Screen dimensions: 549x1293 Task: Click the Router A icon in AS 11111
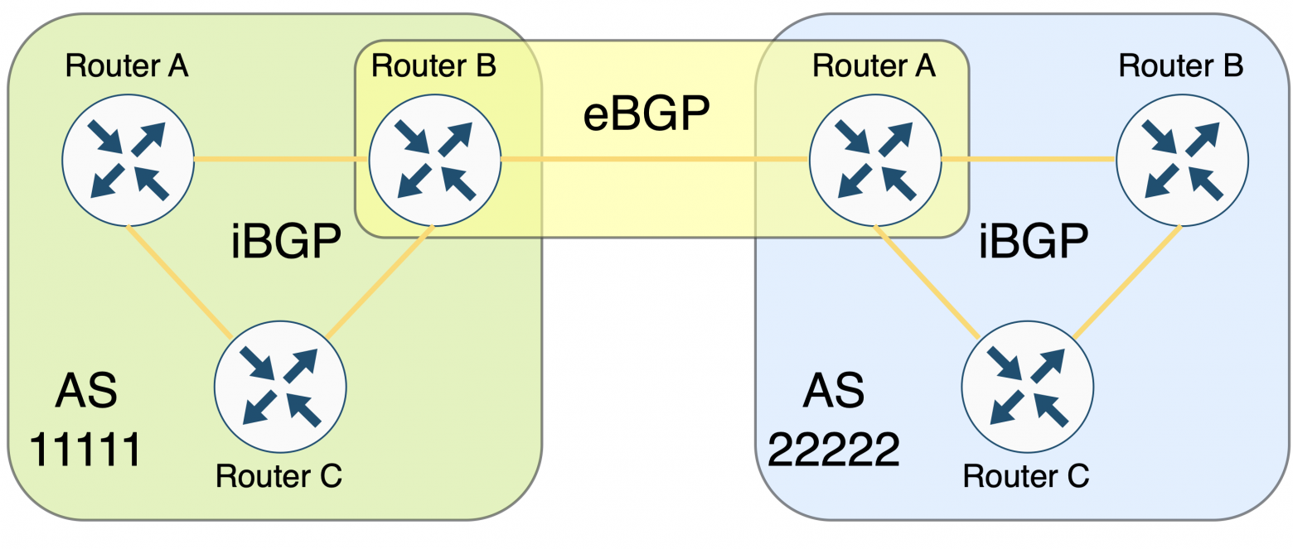click(x=128, y=159)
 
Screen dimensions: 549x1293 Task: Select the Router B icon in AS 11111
click(x=434, y=159)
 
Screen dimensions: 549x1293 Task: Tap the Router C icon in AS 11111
click(x=280, y=387)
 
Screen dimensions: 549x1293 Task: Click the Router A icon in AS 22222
click(x=874, y=159)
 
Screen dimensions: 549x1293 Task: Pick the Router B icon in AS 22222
click(x=1182, y=159)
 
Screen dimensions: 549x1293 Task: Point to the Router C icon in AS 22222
click(x=1027, y=387)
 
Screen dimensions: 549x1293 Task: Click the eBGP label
click(x=646, y=115)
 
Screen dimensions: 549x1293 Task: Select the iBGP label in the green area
click(x=285, y=244)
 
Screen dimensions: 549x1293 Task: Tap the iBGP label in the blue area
click(x=1032, y=244)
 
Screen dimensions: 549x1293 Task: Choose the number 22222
click(x=833, y=450)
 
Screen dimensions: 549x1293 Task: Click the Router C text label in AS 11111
click(x=278, y=476)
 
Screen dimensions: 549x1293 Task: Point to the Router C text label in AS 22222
click(x=1025, y=476)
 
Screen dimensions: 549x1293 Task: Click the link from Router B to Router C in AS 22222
click(x=1126, y=282)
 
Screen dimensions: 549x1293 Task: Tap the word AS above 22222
click(x=833, y=390)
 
